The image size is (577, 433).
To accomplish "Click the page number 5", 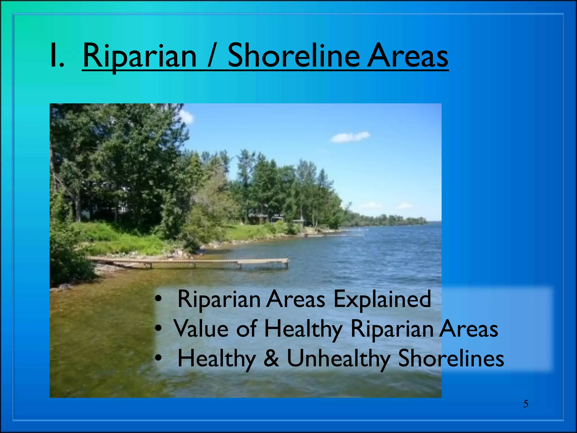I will tap(525, 404).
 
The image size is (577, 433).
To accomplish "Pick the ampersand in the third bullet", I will tap(271, 358).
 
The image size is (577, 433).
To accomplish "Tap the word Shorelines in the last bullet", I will tap(451, 358).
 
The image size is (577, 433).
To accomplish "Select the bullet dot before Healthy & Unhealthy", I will tap(159, 358).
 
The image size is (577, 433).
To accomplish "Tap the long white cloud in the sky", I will tap(350, 137).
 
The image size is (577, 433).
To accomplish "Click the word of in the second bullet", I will tap(246, 328).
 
